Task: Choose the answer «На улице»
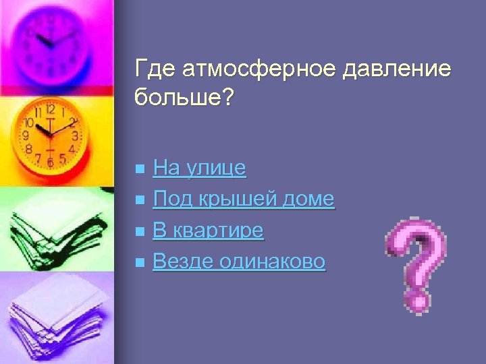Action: tap(200, 168)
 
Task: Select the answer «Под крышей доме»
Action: tap(244, 199)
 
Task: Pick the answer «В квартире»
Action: tap(208, 231)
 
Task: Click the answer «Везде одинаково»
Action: tap(239, 262)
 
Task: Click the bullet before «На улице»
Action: tap(139, 169)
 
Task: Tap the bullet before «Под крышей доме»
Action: tap(139, 200)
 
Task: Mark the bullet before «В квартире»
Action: tap(139, 231)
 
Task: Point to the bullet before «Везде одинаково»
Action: tap(139, 262)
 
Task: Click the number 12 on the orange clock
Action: tap(50, 109)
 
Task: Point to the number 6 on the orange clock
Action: tap(50, 162)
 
